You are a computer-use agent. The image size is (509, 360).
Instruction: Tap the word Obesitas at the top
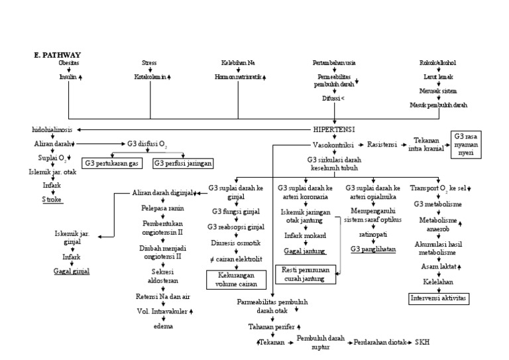click(69, 63)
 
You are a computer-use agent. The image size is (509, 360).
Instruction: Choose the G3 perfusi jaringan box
click(178, 162)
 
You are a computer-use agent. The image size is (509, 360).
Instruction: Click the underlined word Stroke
click(52, 199)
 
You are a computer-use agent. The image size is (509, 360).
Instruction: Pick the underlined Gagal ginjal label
click(72, 270)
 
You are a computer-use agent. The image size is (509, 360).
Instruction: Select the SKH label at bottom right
click(422, 342)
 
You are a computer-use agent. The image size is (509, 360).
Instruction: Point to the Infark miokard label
click(304, 235)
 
